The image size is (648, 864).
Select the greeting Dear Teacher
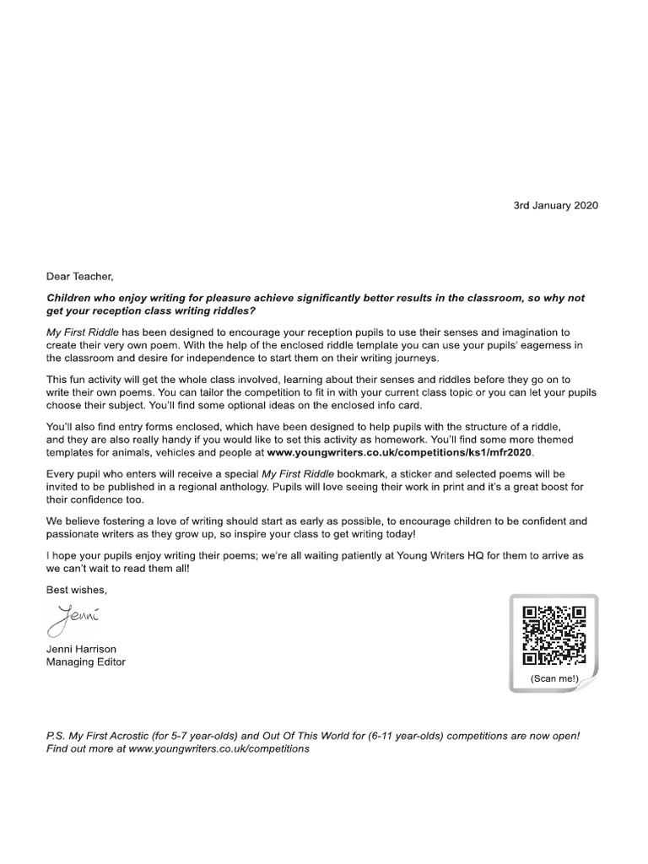[x=79, y=276]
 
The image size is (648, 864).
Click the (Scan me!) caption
[x=553, y=678]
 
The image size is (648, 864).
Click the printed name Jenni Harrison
[x=82, y=649]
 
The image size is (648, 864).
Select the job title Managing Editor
[x=85, y=662]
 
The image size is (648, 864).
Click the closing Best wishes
[x=77, y=590]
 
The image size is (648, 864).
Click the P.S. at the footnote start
[x=57, y=736]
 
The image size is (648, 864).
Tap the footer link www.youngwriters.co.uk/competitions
[x=219, y=748]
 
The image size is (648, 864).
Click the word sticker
[x=408, y=475]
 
